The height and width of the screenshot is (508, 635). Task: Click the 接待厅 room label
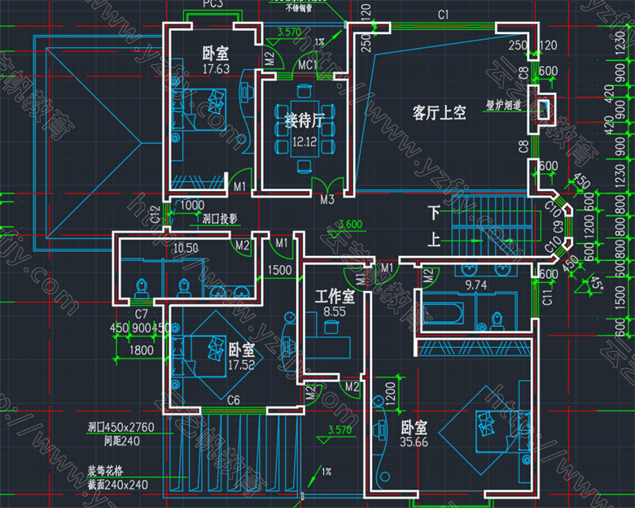point(304,122)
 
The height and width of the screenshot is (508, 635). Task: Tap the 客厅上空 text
point(439,113)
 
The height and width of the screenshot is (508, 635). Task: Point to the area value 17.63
point(215,69)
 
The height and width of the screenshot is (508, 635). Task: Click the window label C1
point(443,15)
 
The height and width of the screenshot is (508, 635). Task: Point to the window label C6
point(233,399)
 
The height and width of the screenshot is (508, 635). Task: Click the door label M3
point(327,199)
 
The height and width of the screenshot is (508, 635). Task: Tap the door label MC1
point(306,65)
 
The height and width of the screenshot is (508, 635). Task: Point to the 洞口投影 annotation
point(219,219)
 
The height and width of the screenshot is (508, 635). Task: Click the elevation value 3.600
point(350,224)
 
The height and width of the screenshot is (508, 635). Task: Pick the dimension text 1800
point(142,350)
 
